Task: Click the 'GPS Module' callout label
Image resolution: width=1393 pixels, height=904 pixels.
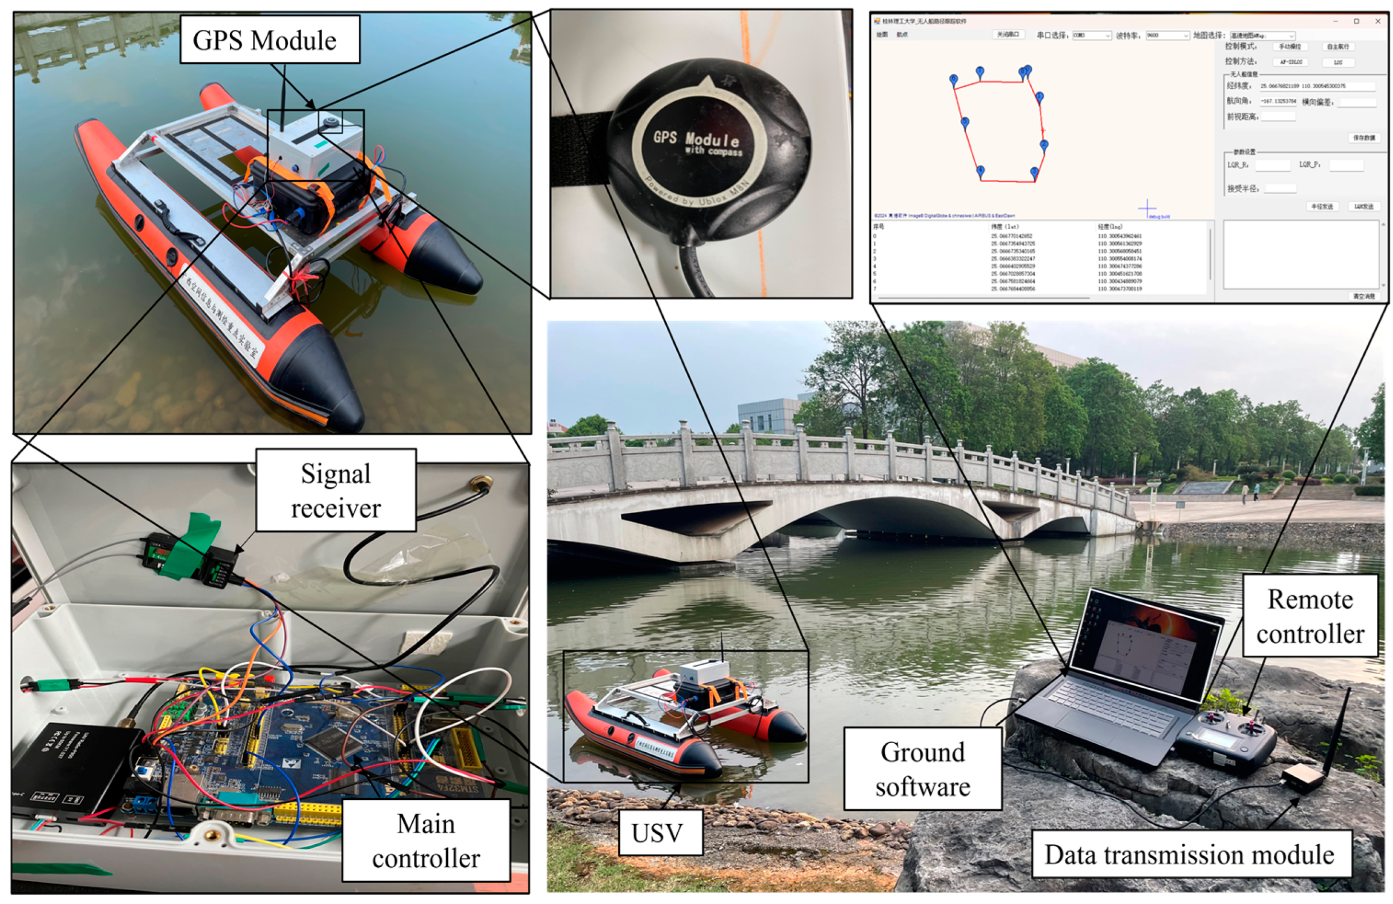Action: (269, 40)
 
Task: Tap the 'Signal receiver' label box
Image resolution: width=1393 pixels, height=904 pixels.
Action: (335, 490)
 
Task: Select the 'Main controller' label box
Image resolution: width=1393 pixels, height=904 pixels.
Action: (425, 841)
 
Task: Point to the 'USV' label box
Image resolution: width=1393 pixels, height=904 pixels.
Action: (657, 833)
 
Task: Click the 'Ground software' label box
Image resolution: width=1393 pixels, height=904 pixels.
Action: (922, 769)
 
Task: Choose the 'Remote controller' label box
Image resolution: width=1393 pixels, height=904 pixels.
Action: (1310, 616)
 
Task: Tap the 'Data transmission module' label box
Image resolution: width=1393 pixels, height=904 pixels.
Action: (1189, 854)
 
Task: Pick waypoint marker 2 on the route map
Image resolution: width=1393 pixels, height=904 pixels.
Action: (1043, 144)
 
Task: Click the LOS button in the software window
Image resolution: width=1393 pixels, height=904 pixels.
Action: (1338, 62)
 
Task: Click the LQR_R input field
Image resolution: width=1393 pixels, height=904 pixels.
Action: (1272, 165)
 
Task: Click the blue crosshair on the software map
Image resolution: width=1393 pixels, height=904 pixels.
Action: (1147, 207)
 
